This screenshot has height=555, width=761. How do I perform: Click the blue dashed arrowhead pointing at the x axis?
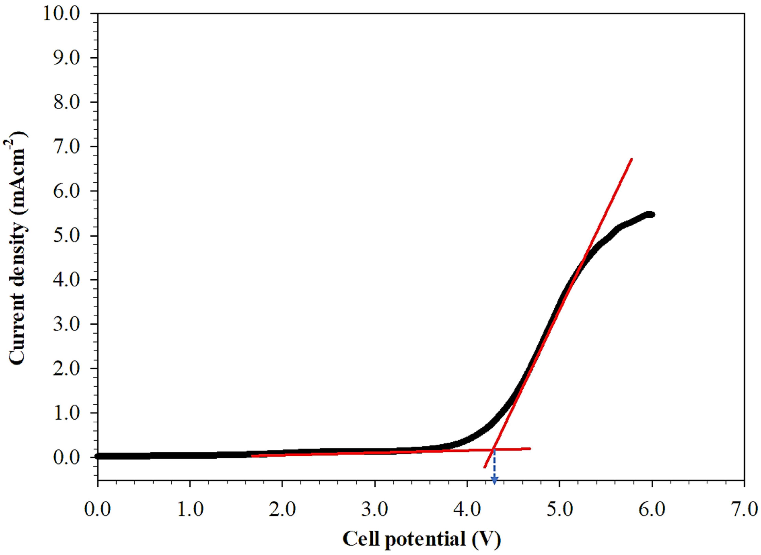pyautogui.click(x=494, y=482)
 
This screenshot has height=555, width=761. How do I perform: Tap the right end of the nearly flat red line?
pyautogui.click(x=530, y=448)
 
